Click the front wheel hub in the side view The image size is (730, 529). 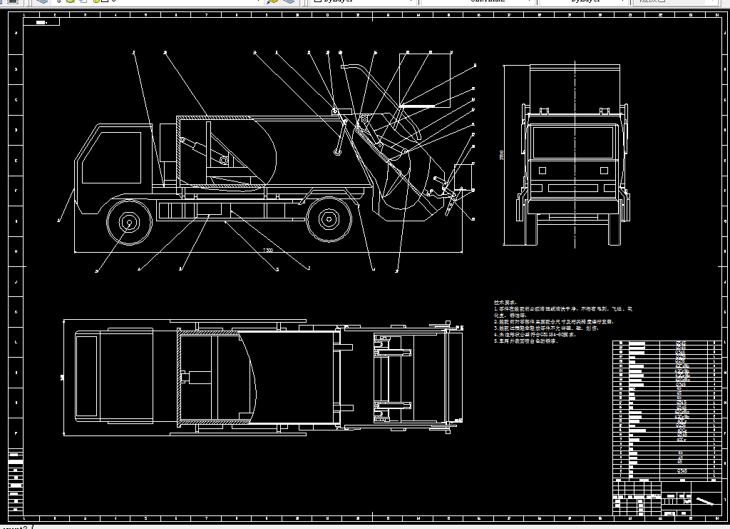[129, 223]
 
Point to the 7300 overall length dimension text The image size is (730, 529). [267, 250]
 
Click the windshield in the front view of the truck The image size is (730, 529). [572, 143]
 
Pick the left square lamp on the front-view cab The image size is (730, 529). [543, 171]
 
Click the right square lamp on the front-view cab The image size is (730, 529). [602, 171]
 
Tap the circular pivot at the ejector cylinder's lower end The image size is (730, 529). [224, 160]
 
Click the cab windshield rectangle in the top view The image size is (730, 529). [86, 376]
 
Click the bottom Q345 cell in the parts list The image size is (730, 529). [682, 471]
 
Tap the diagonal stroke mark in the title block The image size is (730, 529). [705, 501]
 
